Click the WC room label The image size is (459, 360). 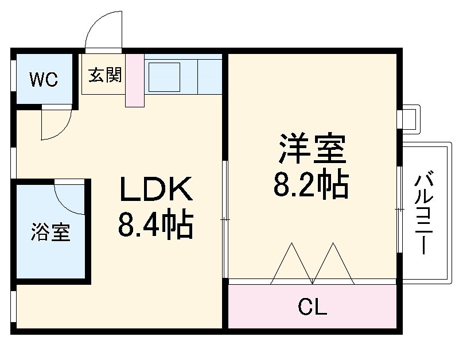(44, 80)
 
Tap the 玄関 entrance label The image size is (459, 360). (105, 75)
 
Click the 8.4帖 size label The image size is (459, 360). (155, 225)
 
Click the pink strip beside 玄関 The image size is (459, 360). (135, 80)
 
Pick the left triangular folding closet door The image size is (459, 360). (291, 265)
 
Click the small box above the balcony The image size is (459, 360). (410, 118)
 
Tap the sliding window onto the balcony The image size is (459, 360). (399, 210)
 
